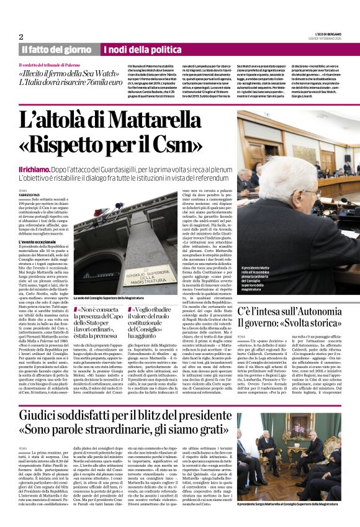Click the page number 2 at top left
point(21,36)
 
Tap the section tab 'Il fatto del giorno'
point(56,49)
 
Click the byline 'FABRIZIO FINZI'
point(30,196)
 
